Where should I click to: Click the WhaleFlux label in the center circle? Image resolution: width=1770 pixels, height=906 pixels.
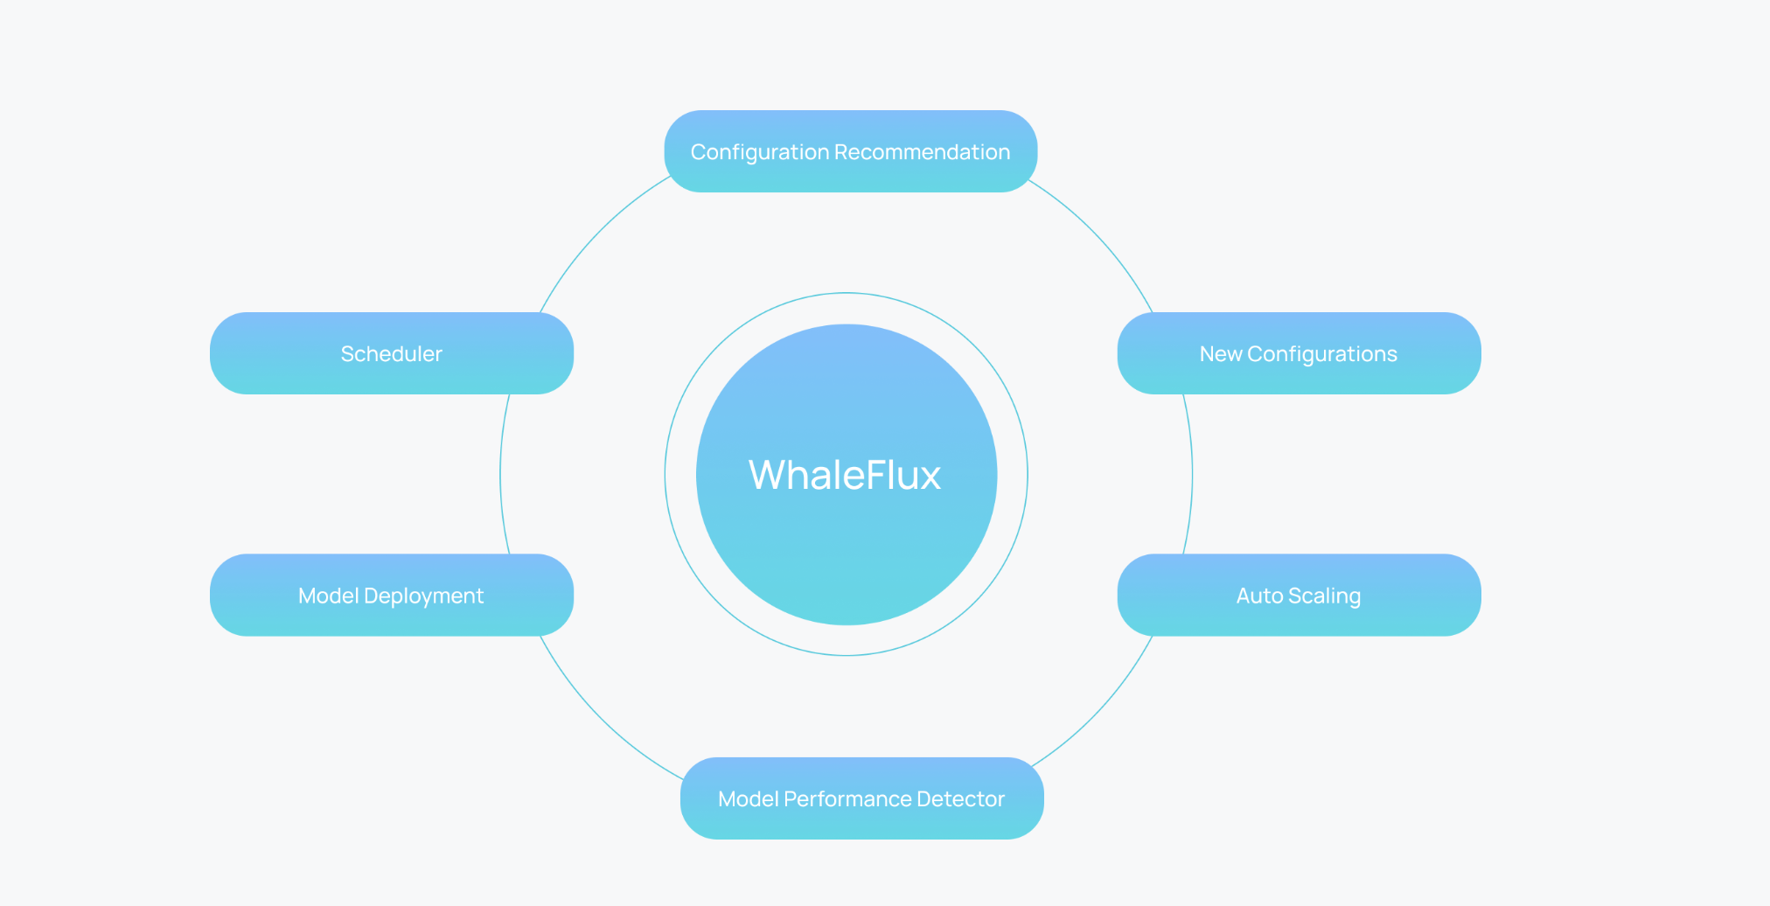tap(845, 475)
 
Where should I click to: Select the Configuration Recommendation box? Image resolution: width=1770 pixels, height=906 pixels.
tap(850, 151)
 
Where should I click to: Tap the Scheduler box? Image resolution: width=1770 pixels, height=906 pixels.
tap(391, 353)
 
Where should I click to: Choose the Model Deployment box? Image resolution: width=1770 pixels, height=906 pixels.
tap(391, 595)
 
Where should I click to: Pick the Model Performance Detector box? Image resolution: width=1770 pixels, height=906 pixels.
tap(861, 798)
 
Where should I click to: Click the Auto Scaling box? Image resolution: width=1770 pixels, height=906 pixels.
tap(1299, 595)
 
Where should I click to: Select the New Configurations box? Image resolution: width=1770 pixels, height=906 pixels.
tap(1299, 353)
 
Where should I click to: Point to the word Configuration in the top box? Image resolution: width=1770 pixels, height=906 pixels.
tap(759, 152)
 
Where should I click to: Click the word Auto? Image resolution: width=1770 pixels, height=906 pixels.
tap(1259, 596)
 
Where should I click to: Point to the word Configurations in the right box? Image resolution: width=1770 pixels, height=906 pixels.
tap(1322, 354)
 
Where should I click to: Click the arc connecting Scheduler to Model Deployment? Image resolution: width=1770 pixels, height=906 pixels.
tap(501, 475)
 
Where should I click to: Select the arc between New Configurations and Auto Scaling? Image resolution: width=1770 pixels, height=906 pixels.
tap(1192, 475)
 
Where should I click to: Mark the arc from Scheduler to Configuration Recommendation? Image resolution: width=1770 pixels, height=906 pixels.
tap(596, 235)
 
